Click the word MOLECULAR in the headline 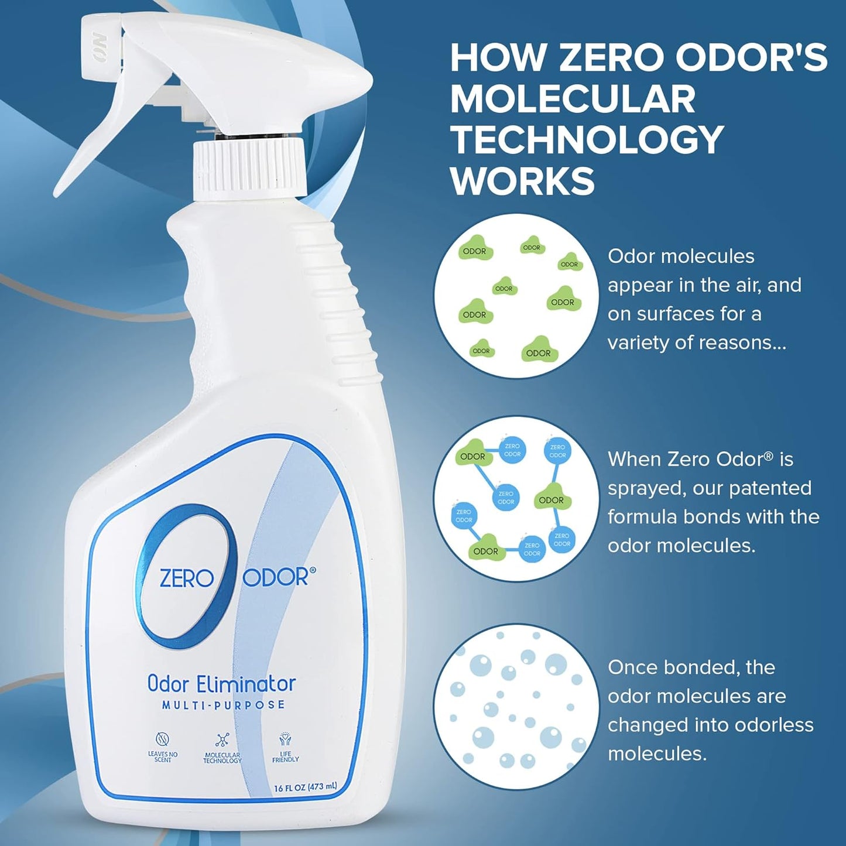click(x=573, y=99)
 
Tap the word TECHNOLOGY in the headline click(x=587, y=140)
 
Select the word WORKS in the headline click(x=522, y=181)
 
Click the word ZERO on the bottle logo click(x=186, y=578)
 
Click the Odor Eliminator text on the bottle click(x=221, y=684)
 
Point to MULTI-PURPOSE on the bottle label click(x=223, y=705)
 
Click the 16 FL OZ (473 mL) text click(x=305, y=788)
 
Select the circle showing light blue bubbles click(x=516, y=706)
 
